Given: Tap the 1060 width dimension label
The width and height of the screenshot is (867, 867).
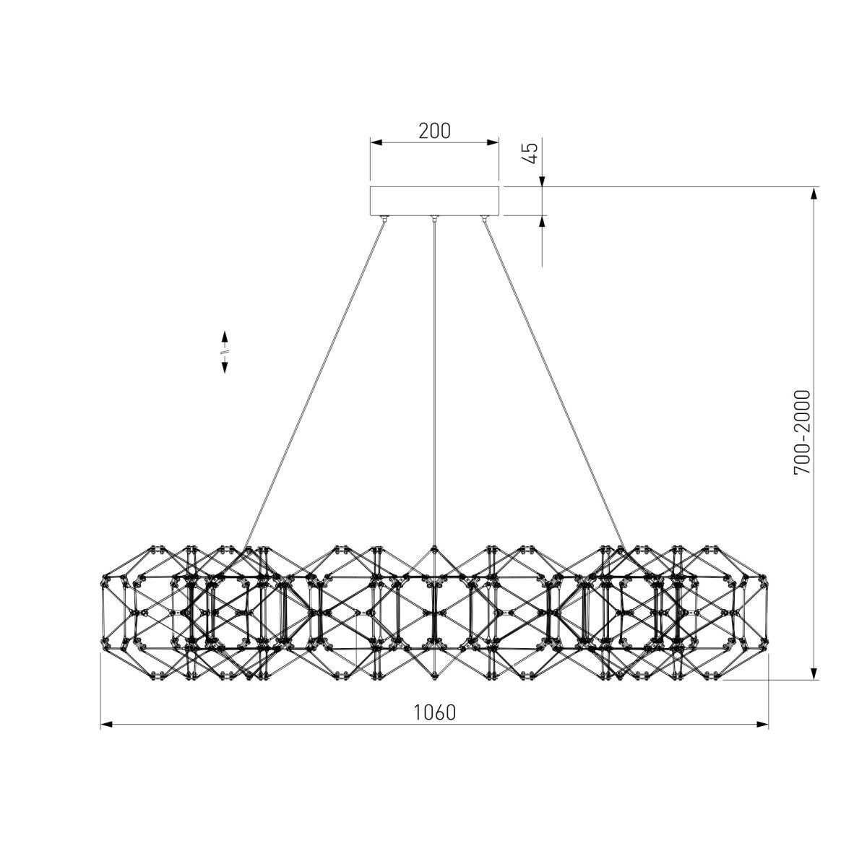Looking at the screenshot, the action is [x=434, y=712].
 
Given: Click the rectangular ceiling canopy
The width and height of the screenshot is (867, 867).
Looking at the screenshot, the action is [x=434, y=201].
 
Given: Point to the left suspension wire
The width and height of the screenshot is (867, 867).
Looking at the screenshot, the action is [x=314, y=384].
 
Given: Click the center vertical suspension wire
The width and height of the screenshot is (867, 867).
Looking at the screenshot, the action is [x=434, y=384].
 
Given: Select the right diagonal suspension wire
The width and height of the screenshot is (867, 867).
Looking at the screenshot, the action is [x=554, y=384].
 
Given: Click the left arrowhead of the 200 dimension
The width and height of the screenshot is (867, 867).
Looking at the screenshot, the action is [x=376, y=142].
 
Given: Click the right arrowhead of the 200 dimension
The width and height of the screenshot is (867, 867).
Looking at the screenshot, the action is [x=493, y=142].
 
